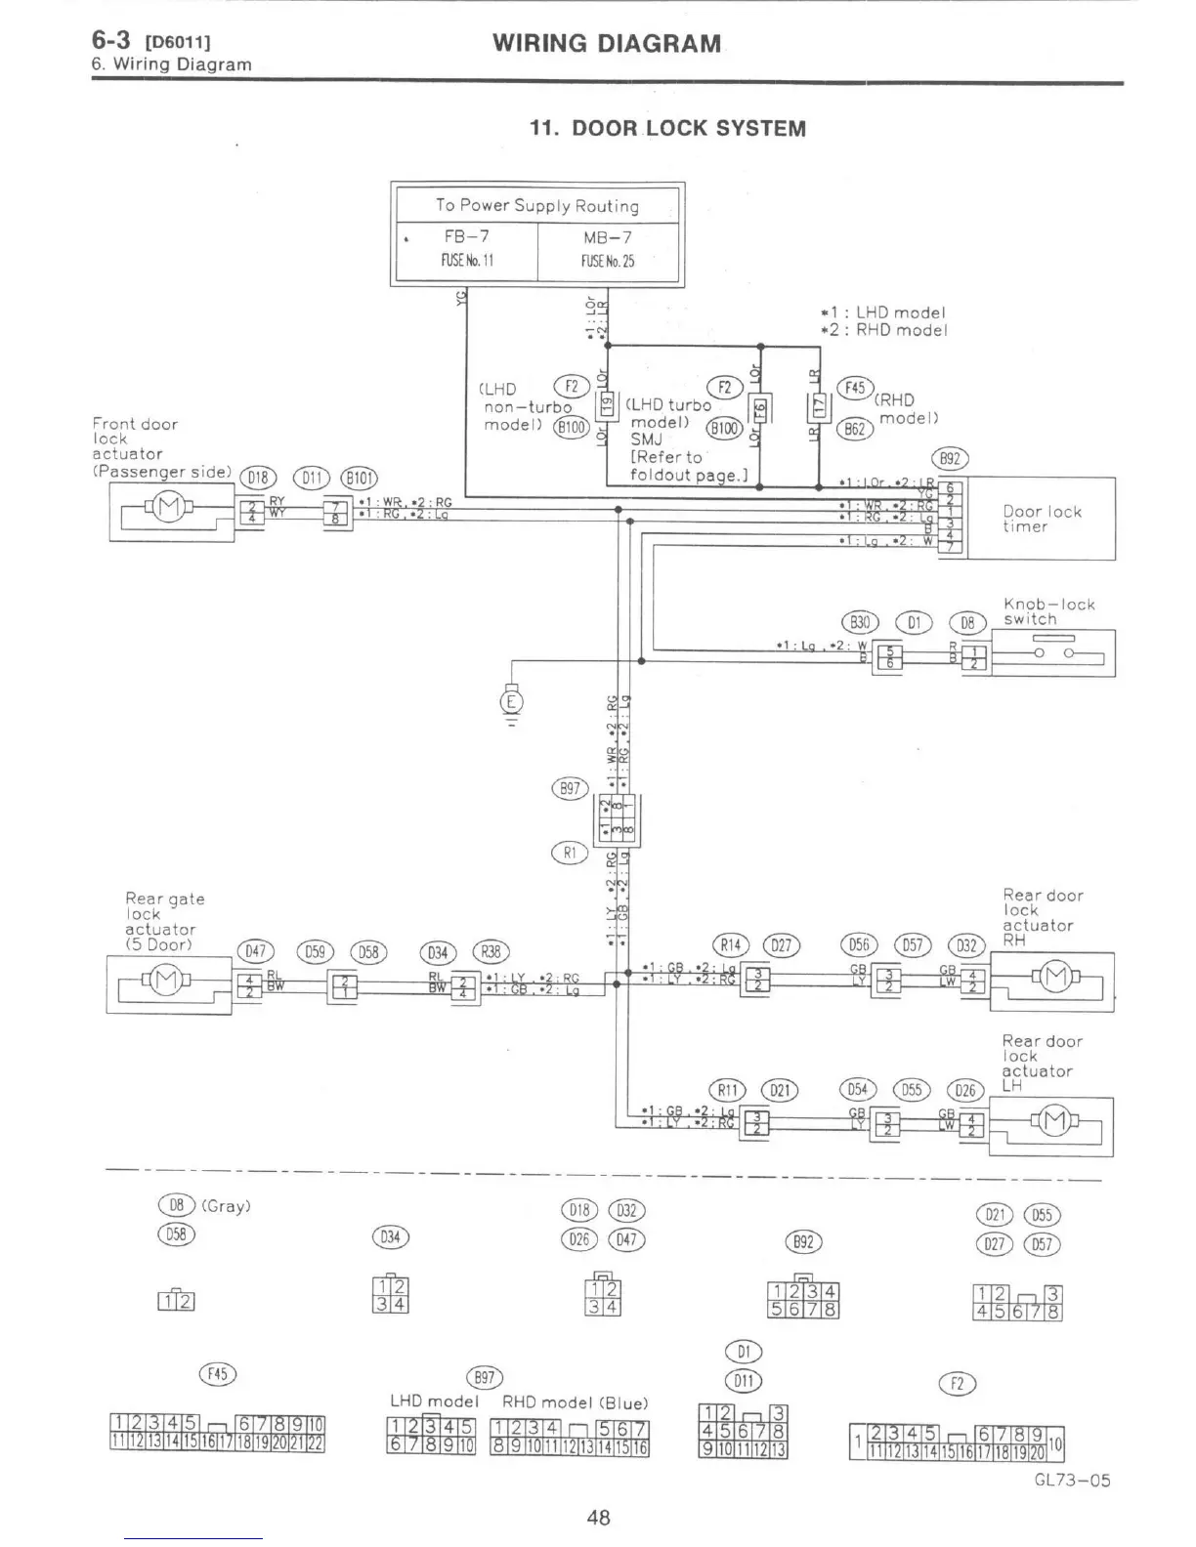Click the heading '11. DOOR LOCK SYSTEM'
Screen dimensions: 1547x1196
point(667,129)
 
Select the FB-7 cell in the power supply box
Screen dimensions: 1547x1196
point(466,237)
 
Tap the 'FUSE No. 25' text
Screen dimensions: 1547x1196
point(607,261)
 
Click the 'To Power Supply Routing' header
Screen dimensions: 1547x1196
point(536,205)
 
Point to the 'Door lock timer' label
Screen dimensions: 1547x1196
point(1042,519)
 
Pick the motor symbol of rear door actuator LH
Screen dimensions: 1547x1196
point(1055,1122)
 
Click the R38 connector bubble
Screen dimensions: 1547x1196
point(491,952)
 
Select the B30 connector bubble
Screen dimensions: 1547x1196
point(860,622)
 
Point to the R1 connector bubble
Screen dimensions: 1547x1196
point(570,853)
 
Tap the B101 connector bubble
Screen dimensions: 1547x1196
point(358,478)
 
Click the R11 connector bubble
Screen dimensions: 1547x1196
point(727,1090)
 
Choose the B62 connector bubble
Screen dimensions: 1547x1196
point(856,429)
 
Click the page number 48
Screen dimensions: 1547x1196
point(598,1517)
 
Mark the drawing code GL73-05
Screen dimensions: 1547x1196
point(1072,1480)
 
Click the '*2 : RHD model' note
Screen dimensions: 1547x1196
point(883,330)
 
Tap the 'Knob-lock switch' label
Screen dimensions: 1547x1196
point(1048,611)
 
